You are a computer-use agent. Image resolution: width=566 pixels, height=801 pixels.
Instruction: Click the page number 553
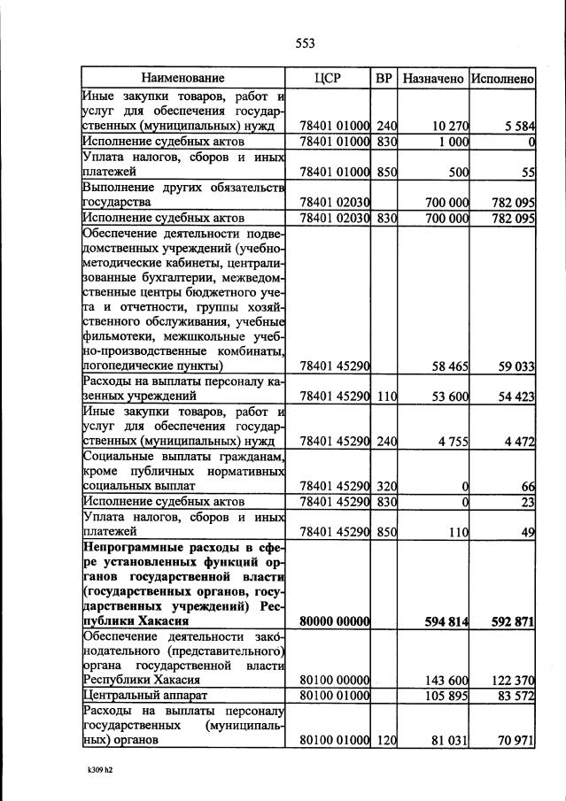(305, 43)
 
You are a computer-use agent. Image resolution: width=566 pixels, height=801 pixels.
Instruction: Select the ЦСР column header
(328, 78)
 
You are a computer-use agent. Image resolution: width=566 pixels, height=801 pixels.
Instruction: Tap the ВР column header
(384, 78)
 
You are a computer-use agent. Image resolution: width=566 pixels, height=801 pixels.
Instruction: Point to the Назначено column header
(433, 78)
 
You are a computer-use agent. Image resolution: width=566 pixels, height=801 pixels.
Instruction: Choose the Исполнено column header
(502, 78)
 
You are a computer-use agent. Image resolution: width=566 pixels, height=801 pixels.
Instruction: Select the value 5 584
(519, 127)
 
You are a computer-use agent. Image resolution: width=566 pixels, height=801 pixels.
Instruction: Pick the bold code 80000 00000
(331, 621)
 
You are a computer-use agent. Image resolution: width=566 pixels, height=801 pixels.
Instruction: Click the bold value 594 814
(445, 621)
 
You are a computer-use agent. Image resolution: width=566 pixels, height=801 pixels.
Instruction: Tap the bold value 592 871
(513, 621)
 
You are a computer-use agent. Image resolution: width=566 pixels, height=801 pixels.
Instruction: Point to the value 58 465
(448, 365)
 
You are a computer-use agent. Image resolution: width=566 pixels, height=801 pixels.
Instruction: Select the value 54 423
(516, 397)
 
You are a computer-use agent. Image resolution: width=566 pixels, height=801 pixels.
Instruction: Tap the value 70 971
(516, 739)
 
